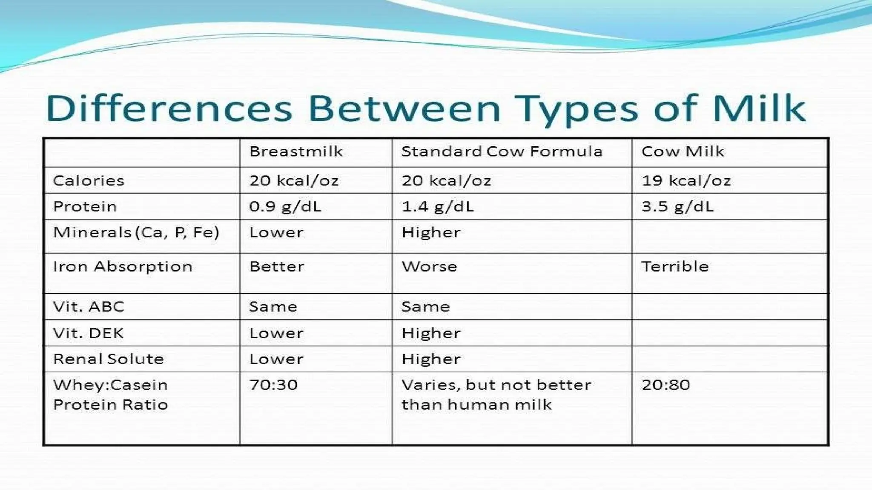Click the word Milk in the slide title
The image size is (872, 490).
pos(759,108)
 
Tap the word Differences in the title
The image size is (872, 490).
pos(169,108)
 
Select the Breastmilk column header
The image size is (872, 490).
pos(296,151)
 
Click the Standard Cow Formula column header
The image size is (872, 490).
pos(502,151)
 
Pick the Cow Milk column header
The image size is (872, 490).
pos(683,151)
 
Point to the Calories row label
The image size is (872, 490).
pos(89,181)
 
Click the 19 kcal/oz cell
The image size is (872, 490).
pos(686,181)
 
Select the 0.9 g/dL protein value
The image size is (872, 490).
pos(285,207)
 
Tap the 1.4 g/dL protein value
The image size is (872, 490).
pos(437,207)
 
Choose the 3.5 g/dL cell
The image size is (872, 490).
pos(677,207)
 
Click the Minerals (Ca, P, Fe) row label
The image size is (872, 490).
pos(136,233)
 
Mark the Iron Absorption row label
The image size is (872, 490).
pos(123,267)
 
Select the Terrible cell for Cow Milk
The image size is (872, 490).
pos(675,267)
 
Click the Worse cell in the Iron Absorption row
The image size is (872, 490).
pos(429,267)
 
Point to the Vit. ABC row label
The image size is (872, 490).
pos(89,307)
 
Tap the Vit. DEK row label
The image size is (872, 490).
pos(88,333)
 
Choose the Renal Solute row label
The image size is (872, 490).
pos(108,359)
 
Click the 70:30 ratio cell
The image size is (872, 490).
pos(273,385)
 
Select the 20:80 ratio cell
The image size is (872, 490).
pos(666,385)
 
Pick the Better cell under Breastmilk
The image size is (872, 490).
pos(277,267)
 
